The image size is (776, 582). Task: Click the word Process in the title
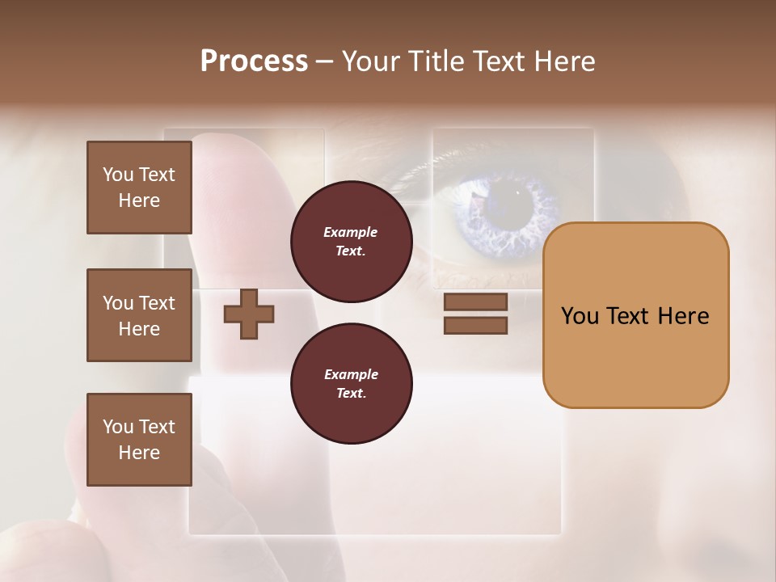click(254, 61)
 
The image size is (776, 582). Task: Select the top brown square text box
click(139, 188)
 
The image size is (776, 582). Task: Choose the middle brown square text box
click(139, 315)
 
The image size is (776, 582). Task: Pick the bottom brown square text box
click(139, 440)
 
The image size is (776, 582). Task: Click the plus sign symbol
click(249, 314)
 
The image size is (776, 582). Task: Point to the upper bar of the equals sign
click(475, 302)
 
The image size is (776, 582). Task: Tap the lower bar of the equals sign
click(475, 326)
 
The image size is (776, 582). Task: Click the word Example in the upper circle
click(351, 232)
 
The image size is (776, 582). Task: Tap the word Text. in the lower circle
click(351, 393)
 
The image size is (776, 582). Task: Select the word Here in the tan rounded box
click(682, 316)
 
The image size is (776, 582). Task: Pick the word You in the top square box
click(118, 175)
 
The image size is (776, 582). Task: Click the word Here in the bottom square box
click(139, 453)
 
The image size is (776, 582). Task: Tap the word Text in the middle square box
click(156, 303)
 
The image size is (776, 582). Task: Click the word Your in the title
click(369, 61)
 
